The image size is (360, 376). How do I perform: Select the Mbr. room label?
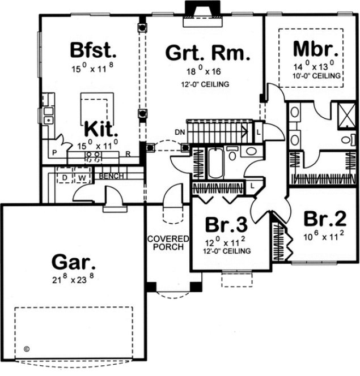315,49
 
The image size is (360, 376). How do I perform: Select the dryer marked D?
65,177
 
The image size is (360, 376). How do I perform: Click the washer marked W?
82,177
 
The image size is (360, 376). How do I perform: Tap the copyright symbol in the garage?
26,349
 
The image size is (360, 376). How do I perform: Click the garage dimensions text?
73,279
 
